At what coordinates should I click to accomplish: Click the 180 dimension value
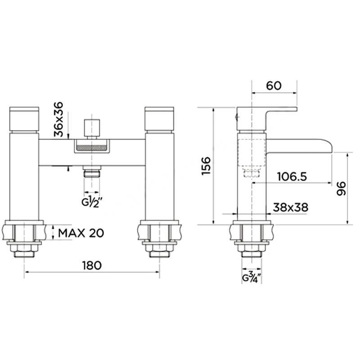(92, 265)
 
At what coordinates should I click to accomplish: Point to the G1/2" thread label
(92, 201)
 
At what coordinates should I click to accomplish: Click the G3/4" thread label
(252, 277)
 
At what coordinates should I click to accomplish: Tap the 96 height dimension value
(341, 189)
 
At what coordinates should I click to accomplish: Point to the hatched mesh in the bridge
(92, 147)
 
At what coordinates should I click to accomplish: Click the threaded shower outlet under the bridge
(92, 173)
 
